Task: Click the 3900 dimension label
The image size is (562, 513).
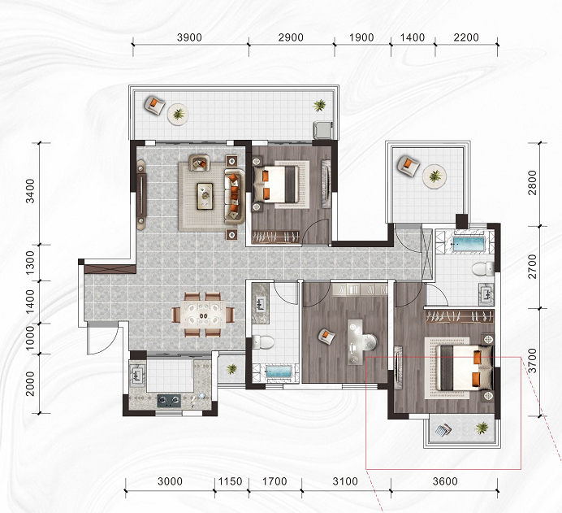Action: tap(189, 37)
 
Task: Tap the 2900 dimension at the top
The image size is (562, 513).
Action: tap(291, 37)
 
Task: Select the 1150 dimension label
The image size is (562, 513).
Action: tap(231, 481)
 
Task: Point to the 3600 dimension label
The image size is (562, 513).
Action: tap(445, 481)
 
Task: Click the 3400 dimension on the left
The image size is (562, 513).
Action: tap(31, 191)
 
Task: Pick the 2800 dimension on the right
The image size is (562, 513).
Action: tap(533, 183)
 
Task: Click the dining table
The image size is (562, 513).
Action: tap(203, 315)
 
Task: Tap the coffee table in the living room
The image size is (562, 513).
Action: tap(205, 196)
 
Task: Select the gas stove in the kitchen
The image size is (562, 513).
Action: tap(169, 401)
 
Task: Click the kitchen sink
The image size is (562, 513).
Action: tap(137, 375)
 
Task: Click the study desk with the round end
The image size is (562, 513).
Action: tap(361, 342)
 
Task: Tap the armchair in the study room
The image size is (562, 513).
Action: tap(327, 336)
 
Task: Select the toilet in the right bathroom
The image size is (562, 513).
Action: tap(482, 269)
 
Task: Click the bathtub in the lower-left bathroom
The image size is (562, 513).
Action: tap(278, 372)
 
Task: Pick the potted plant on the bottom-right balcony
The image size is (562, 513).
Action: tap(482, 428)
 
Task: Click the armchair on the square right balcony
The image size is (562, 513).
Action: tap(409, 166)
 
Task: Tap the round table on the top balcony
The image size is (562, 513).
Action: tap(178, 115)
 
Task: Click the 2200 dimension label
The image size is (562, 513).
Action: tap(466, 37)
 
